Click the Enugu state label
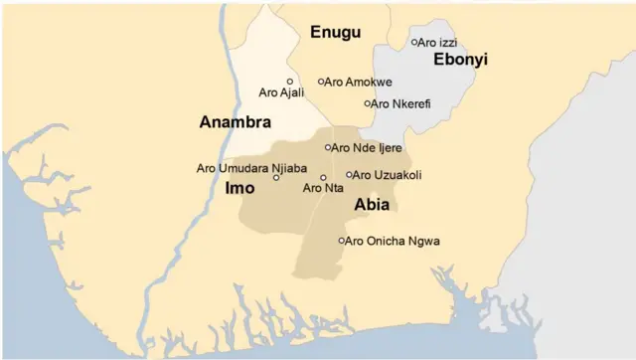[x=336, y=32]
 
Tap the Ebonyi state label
[x=460, y=60]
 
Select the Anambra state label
[x=236, y=122]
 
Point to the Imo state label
[x=239, y=187]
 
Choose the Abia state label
[x=371, y=205]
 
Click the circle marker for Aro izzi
[x=414, y=42]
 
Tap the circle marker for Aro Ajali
[x=290, y=82]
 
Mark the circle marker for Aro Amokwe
[x=321, y=82]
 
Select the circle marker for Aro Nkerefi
[x=368, y=103]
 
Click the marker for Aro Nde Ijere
[x=328, y=147]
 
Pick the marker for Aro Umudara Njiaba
[x=276, y=177]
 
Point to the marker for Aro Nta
[x=323, y=177]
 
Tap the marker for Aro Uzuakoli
[x=349, y=174]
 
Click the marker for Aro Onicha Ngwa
[x=342, y=241]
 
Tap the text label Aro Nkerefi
[x=401, y=103]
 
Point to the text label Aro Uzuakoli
[x=388, y=174]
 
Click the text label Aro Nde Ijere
[x=367, y=147]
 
